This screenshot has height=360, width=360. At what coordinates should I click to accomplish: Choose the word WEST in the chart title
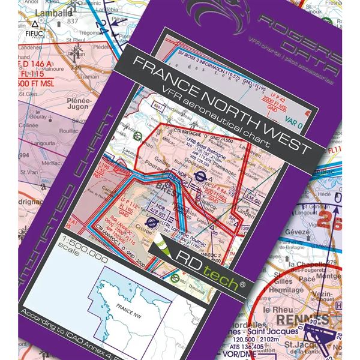click(x=285, y=139)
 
